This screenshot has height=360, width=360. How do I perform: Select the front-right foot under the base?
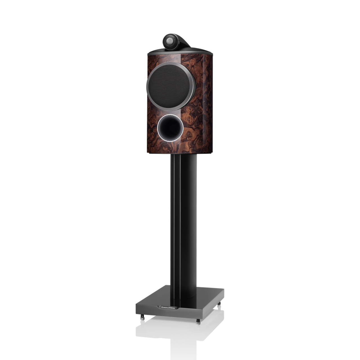click(x=199, y=321)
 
